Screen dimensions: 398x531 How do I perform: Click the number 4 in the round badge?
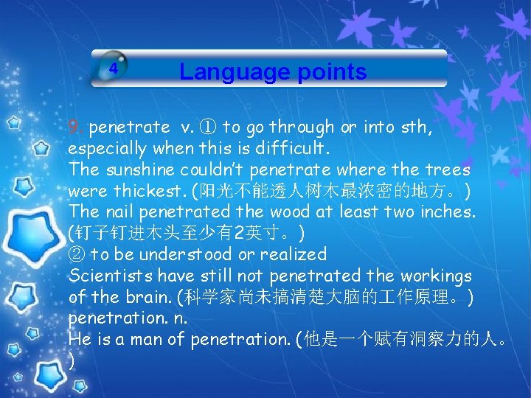113,68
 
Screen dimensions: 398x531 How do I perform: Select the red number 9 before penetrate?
74,128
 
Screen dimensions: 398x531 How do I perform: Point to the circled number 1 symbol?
209,128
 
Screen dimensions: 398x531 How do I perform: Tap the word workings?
435,276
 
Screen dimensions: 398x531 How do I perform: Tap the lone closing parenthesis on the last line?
71,361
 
